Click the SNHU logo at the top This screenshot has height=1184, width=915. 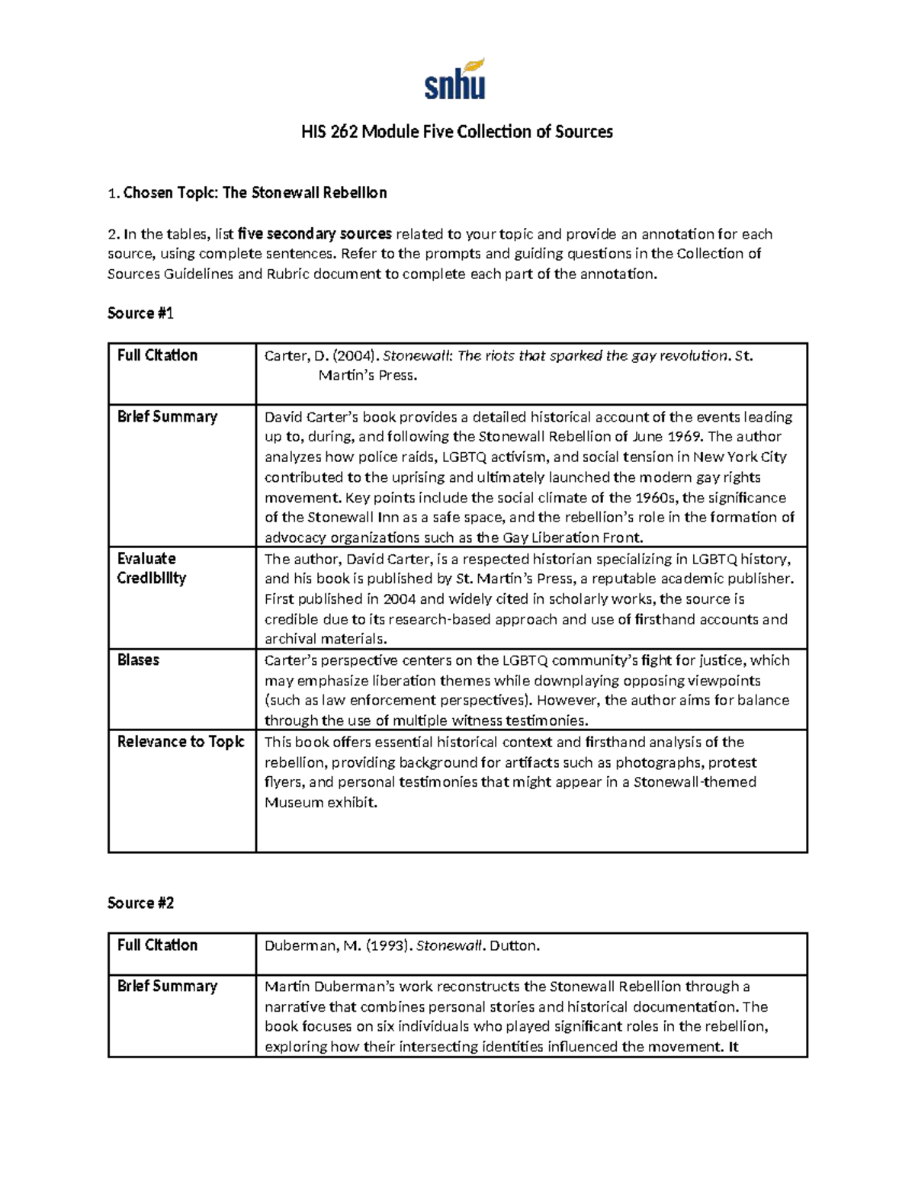[455, 81]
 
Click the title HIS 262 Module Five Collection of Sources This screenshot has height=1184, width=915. [456, 132]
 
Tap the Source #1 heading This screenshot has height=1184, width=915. [141, 313]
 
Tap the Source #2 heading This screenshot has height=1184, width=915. [141, 903]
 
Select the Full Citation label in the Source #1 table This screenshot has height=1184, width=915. [157, 355]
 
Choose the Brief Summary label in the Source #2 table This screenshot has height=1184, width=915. [167, 986]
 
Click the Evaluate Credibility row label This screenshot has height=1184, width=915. [152, 568]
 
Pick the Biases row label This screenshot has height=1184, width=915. [138, 660]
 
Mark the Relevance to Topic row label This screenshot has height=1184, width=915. [181, 742]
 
